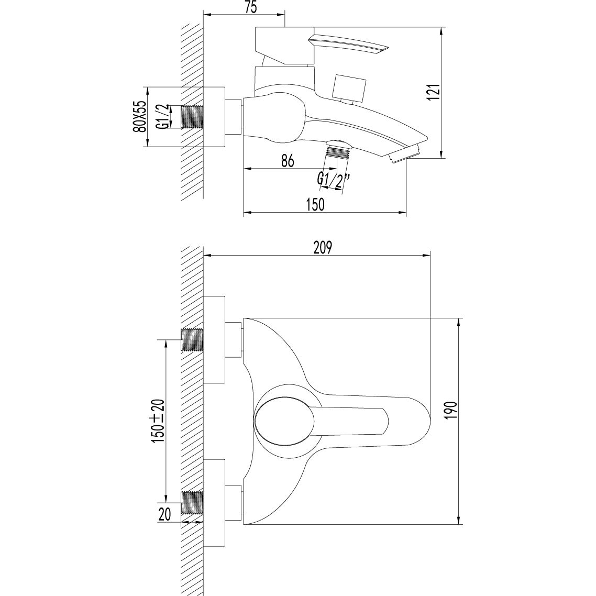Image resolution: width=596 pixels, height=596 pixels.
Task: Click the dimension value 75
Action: [x=250, y=7]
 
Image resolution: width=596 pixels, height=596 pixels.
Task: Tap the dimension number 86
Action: [x=286, y=161]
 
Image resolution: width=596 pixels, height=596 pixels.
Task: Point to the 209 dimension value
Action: [x=324, y=247]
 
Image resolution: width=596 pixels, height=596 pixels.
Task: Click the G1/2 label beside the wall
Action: [x=164, y=116]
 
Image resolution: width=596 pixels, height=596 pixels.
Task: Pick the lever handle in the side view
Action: [x=348, y=44]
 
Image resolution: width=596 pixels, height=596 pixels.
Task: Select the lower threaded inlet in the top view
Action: [x=192, y=503]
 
